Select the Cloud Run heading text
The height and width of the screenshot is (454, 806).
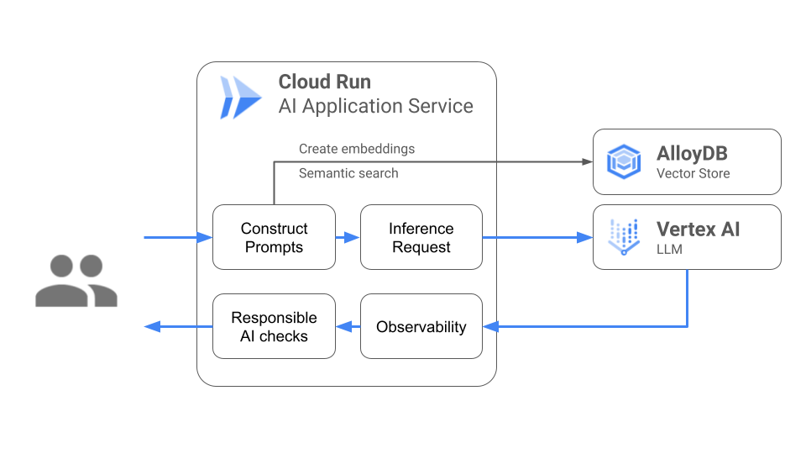pyautogui.click(x=325, y=82)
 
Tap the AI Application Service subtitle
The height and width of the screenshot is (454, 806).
pyautogui.click(x=375, y=107)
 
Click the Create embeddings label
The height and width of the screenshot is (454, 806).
pyautogui.click(x=357, y=149)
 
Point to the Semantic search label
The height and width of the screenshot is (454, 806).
pyautogui.click(x=348, y=173)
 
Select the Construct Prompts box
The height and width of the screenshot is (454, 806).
pyautogui.click(x=274, y=238)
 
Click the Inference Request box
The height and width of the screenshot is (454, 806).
pyautogui.click(x=421, y=238)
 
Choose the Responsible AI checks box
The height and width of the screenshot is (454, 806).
pyautogui.click(x=274, y=327)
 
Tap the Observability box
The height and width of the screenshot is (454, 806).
pyautogui.click(x=421, y=327)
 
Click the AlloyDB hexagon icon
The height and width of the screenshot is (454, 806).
pyautogui.click(x=624, y=161)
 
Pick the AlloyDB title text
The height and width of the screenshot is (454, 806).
pyautogui.click(x=692, y=155)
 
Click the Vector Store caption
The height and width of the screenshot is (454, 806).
pyautogui.click(x=693, y=174)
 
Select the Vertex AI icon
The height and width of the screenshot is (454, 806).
pyautogui.click(x=624, y=237)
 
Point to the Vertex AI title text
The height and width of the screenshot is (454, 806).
pyautogui.click(x=698, y=230)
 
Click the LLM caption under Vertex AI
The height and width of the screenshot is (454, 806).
pyautogui.click(x=669, y=250)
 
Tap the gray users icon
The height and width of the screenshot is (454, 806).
pyautogui.click(x=76, y=282)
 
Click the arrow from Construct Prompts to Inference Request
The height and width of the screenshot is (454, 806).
pyautogui.click(x=348, y=238)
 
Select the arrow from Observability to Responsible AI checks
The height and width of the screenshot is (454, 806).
pyautogui.click(x=348, y=327)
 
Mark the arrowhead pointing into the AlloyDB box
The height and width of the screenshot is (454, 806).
pyautogui.click(x=586, y=161)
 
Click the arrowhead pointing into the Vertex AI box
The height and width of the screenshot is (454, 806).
pyautogui.click(x=586, y=238)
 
